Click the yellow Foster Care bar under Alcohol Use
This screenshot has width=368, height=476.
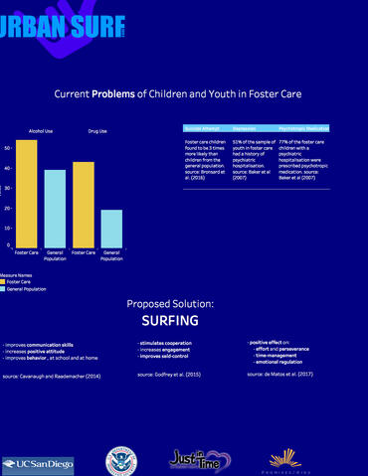pos(27,193)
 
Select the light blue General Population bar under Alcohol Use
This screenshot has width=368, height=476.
pos(55,208)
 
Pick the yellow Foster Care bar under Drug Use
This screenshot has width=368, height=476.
pos(84,204)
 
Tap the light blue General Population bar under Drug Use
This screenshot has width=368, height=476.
pos(111,228)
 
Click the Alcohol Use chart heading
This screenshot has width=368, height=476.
pos(41,131)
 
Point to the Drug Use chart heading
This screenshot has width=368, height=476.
pos(97,131)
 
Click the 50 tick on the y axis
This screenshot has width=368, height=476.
pos(8,148)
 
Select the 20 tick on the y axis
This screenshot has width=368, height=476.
pos(8,209)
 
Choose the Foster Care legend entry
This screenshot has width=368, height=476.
pos(17,281)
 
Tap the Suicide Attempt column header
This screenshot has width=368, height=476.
pos(202,128)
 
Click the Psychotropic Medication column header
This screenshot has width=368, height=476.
pos(302,128)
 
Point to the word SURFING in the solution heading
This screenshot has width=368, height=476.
pos(169,321)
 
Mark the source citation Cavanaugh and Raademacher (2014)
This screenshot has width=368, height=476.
pos(52,377)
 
